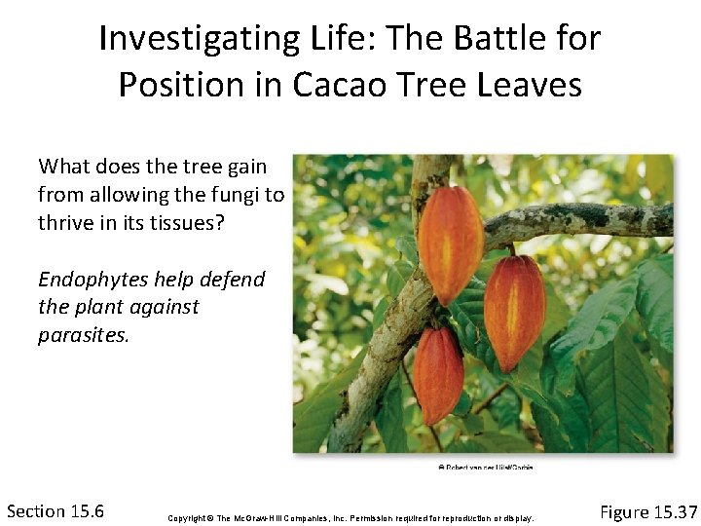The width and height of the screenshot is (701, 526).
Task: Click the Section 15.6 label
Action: [55, 510]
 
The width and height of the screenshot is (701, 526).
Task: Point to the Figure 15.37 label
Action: [648, 511]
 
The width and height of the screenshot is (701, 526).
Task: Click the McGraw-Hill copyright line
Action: [350, 515]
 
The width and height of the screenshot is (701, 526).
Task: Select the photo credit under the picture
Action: [485, 468]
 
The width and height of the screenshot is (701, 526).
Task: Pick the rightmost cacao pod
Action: [514, 311]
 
